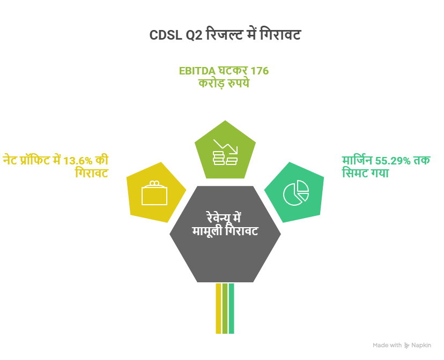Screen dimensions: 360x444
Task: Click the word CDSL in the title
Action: [x=165, y=36]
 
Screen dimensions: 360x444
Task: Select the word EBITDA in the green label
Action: [x=197, y=71]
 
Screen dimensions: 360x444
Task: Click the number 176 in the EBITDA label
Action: [x=260, y=71]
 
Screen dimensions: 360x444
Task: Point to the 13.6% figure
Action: [x=80, y=160]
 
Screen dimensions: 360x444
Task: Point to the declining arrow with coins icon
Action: [x=225, y=152]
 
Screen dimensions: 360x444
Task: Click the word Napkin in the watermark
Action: [x=422, y=346]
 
